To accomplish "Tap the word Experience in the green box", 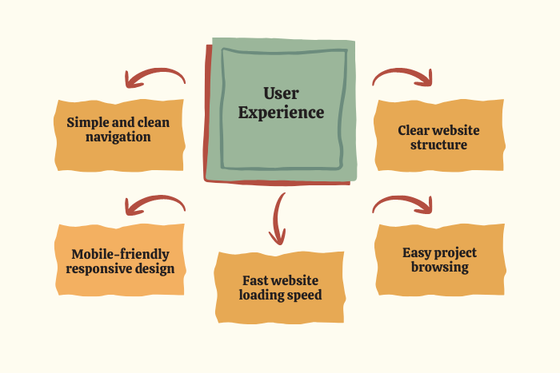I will click(281, 113).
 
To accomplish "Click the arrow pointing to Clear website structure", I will click(404, 75).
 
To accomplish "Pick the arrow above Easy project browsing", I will click(404, 204).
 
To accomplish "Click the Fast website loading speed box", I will click(280, 288).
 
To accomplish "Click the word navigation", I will click(119, 137).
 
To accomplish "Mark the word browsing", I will click(439, 268).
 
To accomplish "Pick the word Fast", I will click(256, 280).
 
